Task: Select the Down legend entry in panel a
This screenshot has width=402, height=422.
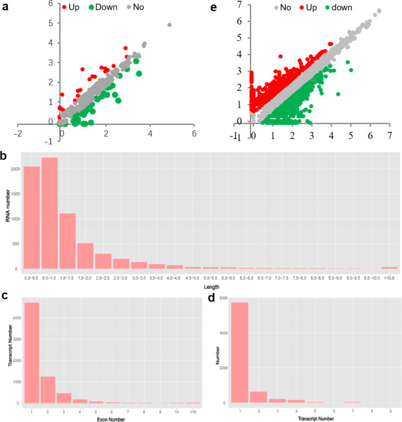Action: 103,8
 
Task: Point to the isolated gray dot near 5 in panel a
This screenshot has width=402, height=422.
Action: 169,25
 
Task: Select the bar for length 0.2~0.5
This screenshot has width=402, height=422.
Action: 32,217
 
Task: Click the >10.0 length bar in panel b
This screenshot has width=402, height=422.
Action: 389,268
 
